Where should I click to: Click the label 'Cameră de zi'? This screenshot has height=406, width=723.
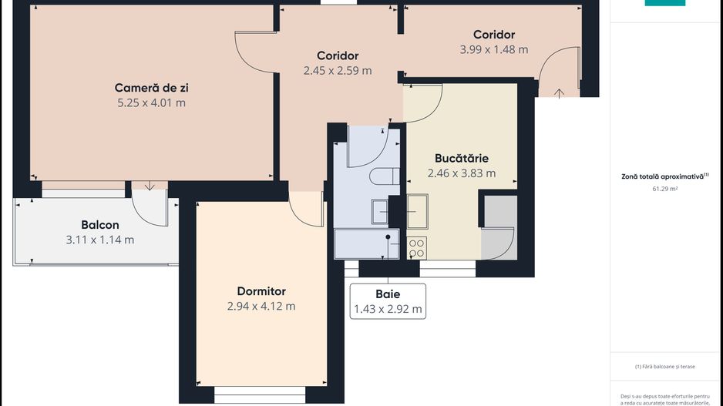click(x=151, y=88)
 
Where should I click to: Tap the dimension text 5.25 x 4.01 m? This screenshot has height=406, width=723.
click(x=151, y=102)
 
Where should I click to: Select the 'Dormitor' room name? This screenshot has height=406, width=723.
click(x=261, y=291)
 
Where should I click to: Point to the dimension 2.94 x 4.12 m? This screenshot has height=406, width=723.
click(x=261, y=306)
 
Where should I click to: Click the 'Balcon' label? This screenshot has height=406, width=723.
click(x=100, y=225)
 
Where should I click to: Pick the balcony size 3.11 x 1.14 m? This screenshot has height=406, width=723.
click(x=100, y=240)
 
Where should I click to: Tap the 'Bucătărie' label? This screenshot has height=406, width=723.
click(x=462, y=158)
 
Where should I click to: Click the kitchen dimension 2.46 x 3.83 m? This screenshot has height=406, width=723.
click(x=462, y=173)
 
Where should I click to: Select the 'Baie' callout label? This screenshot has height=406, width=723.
click(x=388, y=294)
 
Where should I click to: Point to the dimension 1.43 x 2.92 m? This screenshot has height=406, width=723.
click(x=388, y=310)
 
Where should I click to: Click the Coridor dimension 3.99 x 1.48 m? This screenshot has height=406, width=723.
click(x=494, y=49)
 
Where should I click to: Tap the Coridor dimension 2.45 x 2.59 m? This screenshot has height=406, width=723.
click(x=338, y=70)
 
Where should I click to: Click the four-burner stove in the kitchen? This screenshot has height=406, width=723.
click(x=416, y=247)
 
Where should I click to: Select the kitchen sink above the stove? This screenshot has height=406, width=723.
click(x=418, y=211)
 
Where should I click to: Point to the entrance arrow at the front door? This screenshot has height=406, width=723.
click(x=559, y=92)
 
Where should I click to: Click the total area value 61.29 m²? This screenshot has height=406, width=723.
click(x=664, y=187)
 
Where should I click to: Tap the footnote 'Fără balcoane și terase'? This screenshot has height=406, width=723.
click(x=664, y=366)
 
